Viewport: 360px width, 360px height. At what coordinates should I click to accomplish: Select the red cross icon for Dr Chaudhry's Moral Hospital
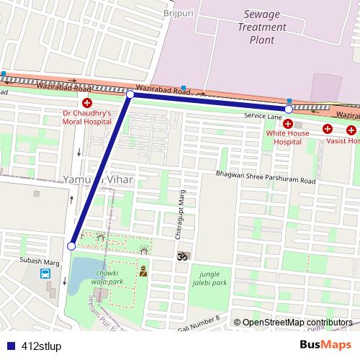click(x=87, y=103)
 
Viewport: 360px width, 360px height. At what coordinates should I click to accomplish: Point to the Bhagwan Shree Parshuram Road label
click(x=266, y=180)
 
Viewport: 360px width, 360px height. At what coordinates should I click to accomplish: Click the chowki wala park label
click(x=107, y=278)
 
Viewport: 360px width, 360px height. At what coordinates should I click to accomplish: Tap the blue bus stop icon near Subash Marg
click(x=46, y=274)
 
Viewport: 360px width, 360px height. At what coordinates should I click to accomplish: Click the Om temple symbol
click(x=181, y=255)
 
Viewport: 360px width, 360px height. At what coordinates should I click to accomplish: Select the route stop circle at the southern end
click(x=71, y=246)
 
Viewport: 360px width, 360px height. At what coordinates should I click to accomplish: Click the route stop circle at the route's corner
click(x=130, y=94)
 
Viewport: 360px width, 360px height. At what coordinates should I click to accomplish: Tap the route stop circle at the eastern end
click(x=289, y=109)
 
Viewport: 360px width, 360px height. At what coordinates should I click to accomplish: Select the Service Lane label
click(x=262, y=116)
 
